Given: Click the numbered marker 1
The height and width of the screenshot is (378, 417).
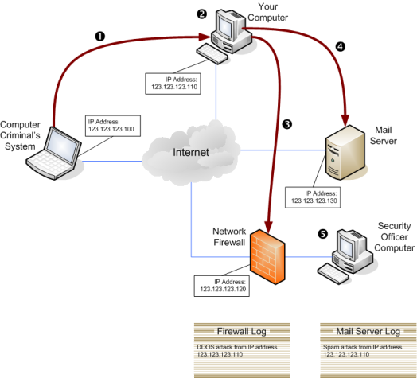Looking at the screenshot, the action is (100, 36).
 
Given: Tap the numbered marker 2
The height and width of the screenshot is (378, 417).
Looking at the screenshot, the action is (202, 14).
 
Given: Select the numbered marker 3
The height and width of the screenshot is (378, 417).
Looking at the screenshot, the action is (287, 124).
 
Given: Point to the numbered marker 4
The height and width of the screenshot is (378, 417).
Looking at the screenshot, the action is (341, 47).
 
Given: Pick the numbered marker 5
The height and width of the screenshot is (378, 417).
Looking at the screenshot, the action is (323, 234).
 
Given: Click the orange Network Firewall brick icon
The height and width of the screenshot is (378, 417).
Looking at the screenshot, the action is (267, 257).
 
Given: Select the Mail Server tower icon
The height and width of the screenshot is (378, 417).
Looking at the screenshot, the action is (345, 153).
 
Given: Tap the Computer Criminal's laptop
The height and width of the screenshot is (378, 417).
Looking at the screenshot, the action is (54, 154).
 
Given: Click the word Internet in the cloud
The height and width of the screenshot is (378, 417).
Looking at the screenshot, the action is (191, 153).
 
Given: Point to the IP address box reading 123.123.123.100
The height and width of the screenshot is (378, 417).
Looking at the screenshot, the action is (113, 126).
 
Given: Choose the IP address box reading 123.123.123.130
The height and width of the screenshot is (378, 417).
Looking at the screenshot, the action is (313, 197).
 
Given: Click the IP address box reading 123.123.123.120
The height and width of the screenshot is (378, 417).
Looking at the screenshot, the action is (222, 286).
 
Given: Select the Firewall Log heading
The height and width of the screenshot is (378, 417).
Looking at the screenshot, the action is (241, 332).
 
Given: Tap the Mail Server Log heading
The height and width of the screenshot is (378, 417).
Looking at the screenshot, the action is (368, 332).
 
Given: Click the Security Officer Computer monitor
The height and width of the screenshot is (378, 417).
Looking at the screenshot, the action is (348, 245).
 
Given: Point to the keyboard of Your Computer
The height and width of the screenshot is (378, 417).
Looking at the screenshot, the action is (212, 54).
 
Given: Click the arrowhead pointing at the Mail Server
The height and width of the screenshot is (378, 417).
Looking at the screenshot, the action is (345, 120).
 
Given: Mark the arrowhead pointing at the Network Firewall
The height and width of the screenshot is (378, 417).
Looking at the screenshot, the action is (269, 227).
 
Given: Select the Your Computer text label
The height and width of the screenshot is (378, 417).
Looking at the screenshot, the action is (267, 12).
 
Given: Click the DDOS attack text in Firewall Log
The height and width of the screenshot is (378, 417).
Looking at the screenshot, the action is (236, 351).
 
